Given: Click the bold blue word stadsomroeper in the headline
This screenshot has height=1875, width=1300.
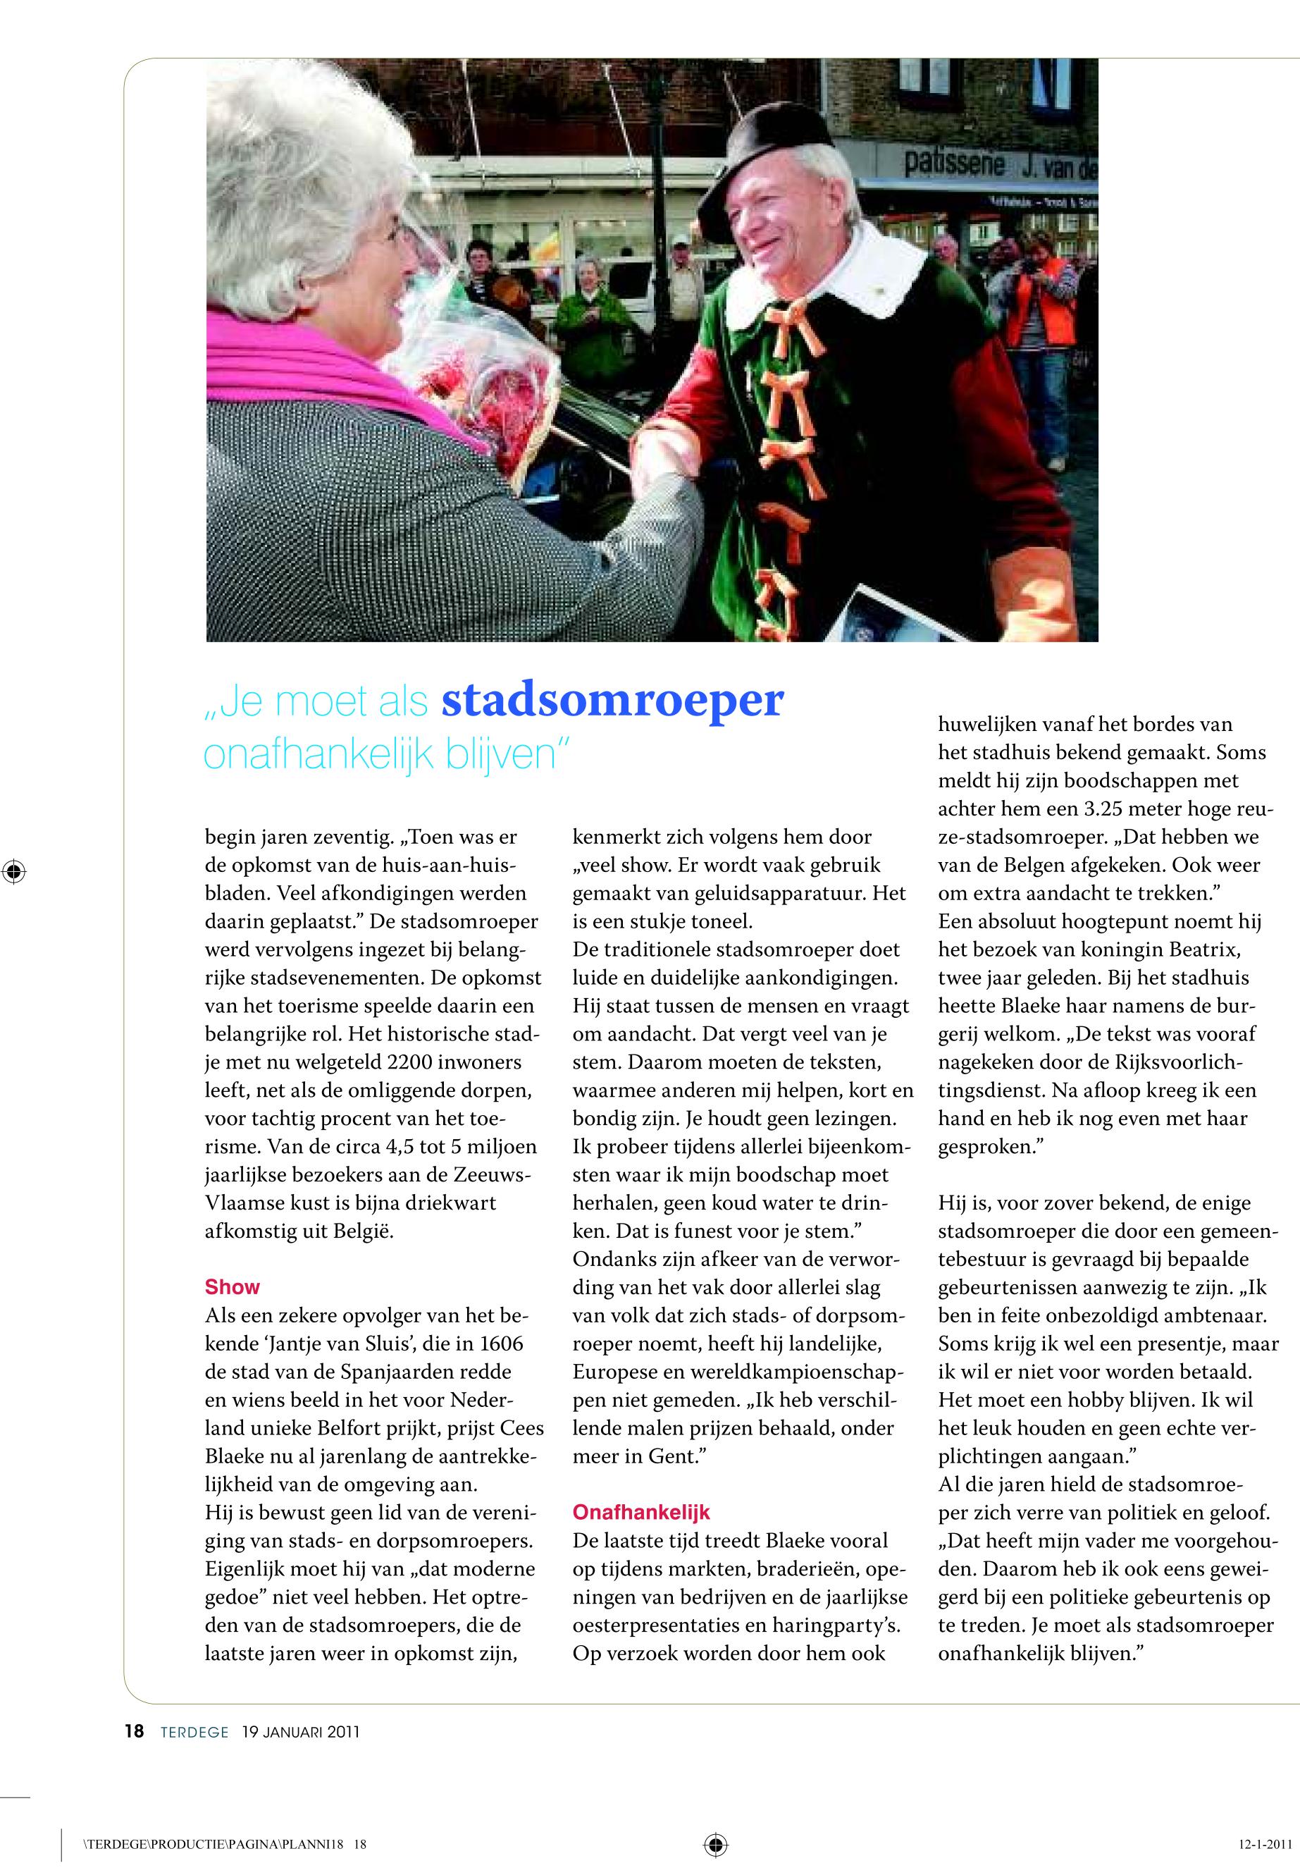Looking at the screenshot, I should point(612,699).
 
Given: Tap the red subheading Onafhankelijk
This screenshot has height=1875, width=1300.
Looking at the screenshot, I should point(641,1513).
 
